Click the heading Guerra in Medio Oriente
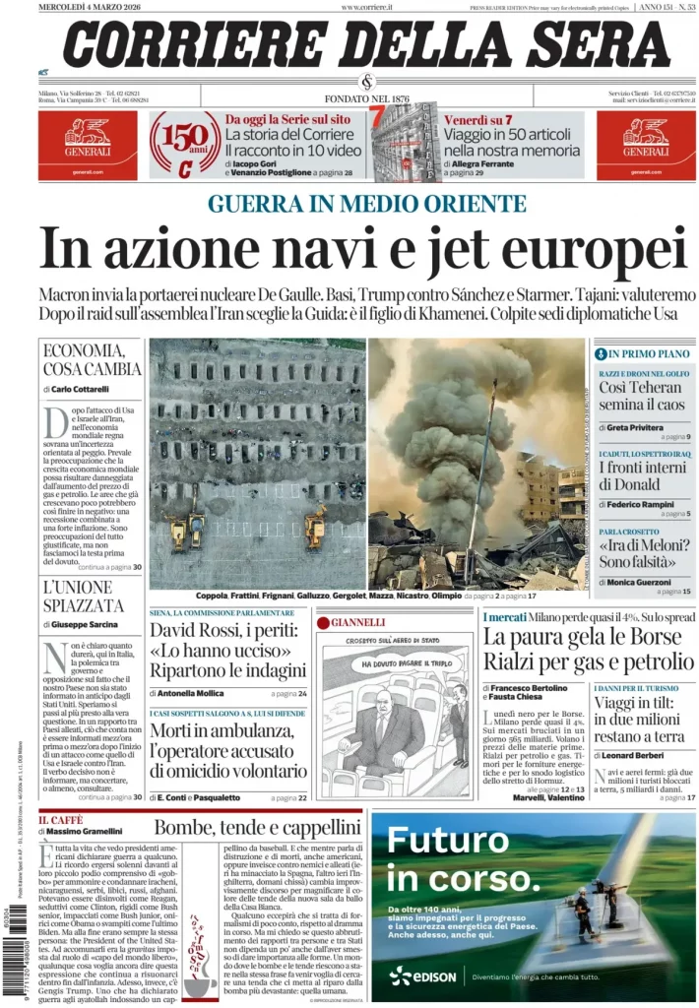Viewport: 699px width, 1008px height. (367, 204)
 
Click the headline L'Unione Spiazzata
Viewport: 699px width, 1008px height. (84, 597)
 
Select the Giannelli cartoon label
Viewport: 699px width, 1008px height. (356, 622)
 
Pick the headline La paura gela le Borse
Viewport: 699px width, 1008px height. (588, 637)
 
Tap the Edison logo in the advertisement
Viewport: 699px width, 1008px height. (422, 976)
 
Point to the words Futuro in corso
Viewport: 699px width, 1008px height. (447, 855)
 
